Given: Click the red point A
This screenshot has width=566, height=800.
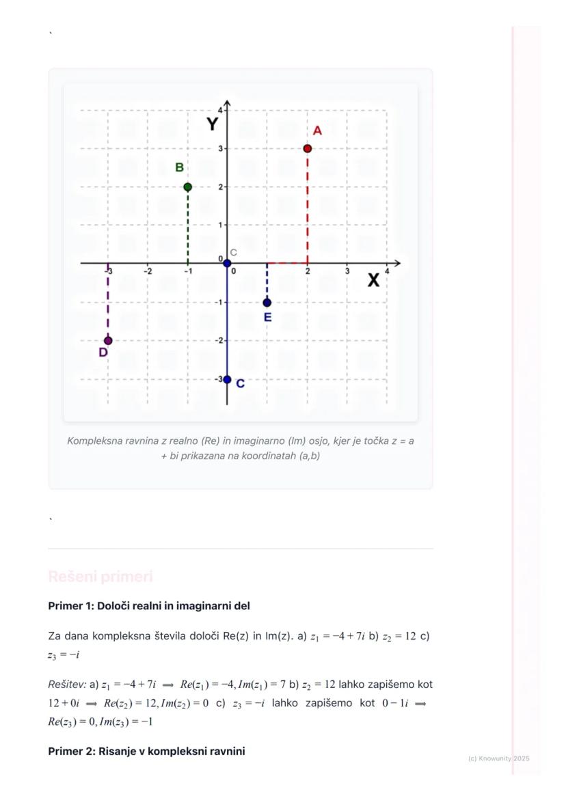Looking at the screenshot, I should [308, 148].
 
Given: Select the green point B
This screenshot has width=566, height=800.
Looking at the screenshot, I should [188, 187].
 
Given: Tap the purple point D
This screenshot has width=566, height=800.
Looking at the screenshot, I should [108, 341].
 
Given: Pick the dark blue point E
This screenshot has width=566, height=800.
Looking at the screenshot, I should [267, 303].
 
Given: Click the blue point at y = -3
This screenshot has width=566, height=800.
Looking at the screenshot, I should [228, 380].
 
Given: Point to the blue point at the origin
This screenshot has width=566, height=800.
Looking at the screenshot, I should [228, 263].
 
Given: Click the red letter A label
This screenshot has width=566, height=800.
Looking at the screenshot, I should [317, 131].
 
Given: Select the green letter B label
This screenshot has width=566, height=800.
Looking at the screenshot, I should [179, 167].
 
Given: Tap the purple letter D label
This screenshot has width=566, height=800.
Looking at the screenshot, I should [103, 353].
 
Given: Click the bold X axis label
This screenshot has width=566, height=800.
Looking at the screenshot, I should [373, 280].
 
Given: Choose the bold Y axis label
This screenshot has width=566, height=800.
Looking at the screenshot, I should [213, 124].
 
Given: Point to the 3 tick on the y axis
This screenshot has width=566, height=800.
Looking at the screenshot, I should [221, 148].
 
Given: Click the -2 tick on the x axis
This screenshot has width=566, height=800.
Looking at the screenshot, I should [148, 271].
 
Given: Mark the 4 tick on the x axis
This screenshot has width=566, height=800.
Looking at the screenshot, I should [387, 271].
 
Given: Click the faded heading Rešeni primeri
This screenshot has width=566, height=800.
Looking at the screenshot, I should [100, 577].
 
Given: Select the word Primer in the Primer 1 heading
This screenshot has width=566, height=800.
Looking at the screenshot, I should [64, 606].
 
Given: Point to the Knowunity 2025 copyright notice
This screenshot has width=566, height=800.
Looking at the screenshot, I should [499, 758].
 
